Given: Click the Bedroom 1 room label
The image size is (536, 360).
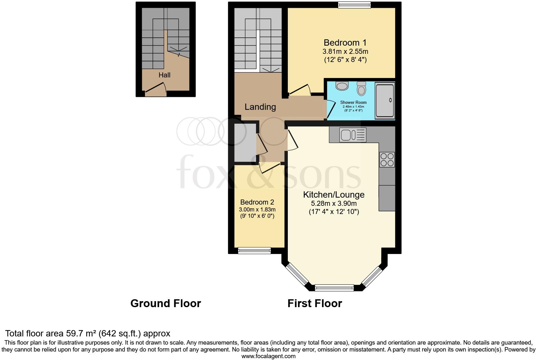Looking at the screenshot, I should pos(345,42).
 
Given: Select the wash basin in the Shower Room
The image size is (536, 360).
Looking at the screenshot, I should pos(342,86).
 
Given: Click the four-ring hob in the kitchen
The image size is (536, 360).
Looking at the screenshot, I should pos(387,160).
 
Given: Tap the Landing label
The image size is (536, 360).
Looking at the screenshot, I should pos(260,107).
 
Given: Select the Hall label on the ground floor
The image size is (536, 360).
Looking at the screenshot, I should pos(165,75).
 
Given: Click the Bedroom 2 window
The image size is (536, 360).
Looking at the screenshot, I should pos(254,250).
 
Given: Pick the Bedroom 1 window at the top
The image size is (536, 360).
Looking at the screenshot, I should pos(354,5).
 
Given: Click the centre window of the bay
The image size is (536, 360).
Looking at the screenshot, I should pos(334,287).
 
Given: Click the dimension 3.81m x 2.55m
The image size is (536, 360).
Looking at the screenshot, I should pos(345,51).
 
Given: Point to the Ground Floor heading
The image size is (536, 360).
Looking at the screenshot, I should pos(165,303).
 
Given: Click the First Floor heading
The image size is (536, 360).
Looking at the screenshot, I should pos(315,303).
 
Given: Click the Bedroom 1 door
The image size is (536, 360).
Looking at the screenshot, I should pos(299,90).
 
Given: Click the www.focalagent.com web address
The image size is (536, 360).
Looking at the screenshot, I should pos(268,356).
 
